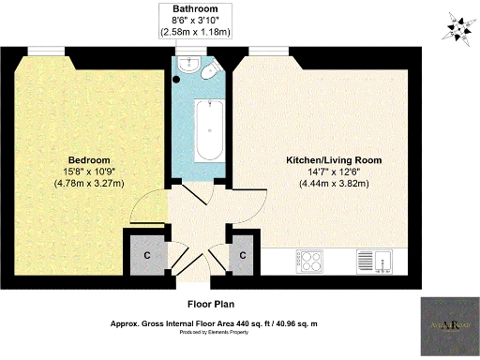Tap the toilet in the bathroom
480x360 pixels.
coord(211,75)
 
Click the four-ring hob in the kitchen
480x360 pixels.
coord(309,259)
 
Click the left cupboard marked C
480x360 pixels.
coord(147,254)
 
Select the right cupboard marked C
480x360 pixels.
coord(243,254)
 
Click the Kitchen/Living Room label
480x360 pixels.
coord(334,160)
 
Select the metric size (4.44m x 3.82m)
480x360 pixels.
coord(334,184)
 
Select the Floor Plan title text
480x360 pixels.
coord(210,304)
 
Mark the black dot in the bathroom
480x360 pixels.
coord(175,81)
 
